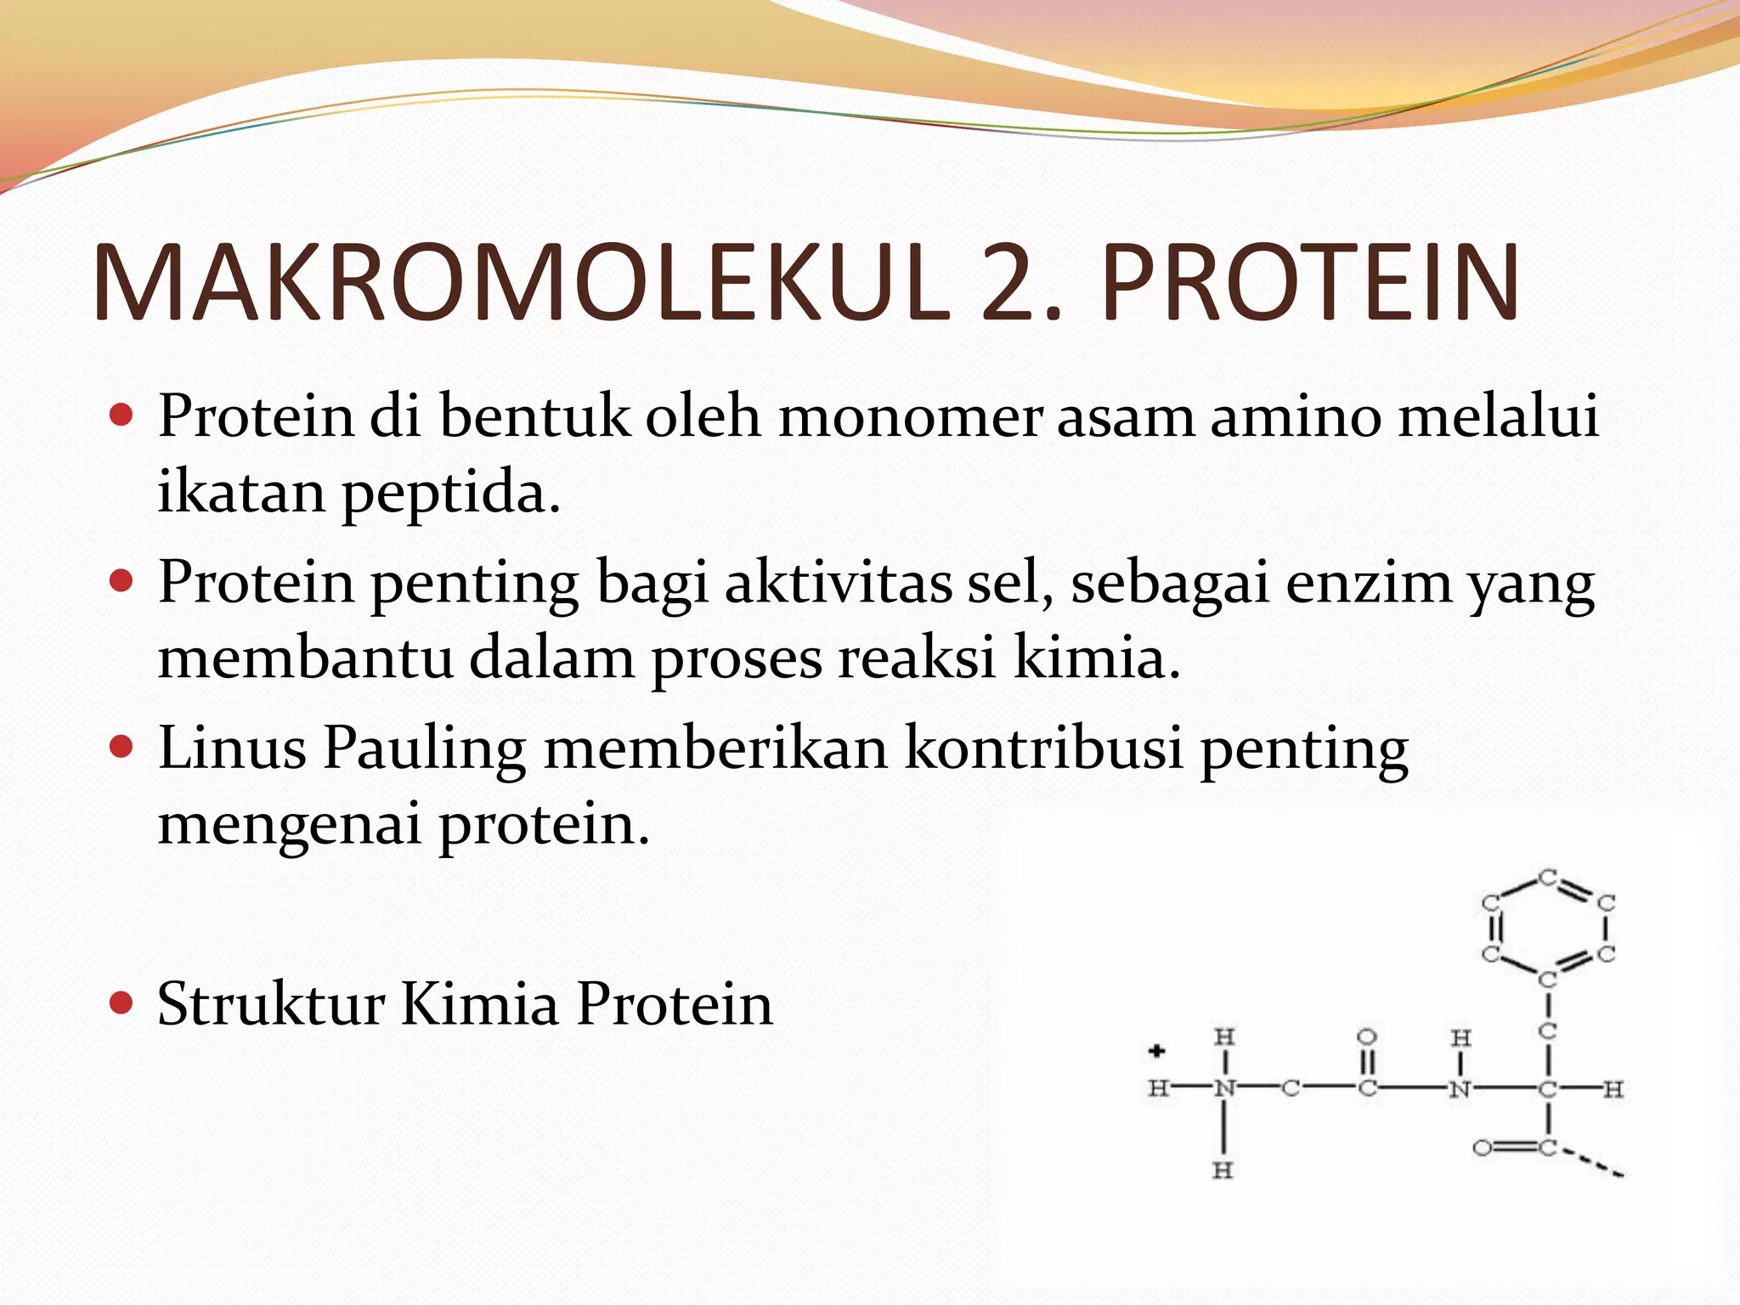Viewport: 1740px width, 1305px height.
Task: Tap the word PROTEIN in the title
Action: pos(1309,283)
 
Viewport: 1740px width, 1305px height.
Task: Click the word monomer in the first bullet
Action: pos(910,417)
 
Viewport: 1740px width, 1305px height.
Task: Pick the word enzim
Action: pos(1369,584)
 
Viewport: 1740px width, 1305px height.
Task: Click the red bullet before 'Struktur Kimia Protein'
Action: pos(122,1003)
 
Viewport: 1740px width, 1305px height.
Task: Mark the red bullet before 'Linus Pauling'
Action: pos(122,747)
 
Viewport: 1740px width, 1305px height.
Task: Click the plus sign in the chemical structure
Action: pos(1156,1052)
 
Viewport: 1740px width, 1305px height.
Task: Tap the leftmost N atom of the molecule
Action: pos(1223,1088)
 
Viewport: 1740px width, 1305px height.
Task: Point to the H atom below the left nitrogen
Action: pos(1223,1171)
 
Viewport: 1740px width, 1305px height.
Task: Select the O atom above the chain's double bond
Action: pos(1366,1037)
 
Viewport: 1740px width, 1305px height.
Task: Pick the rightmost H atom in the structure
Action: pos(1613,1089)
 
